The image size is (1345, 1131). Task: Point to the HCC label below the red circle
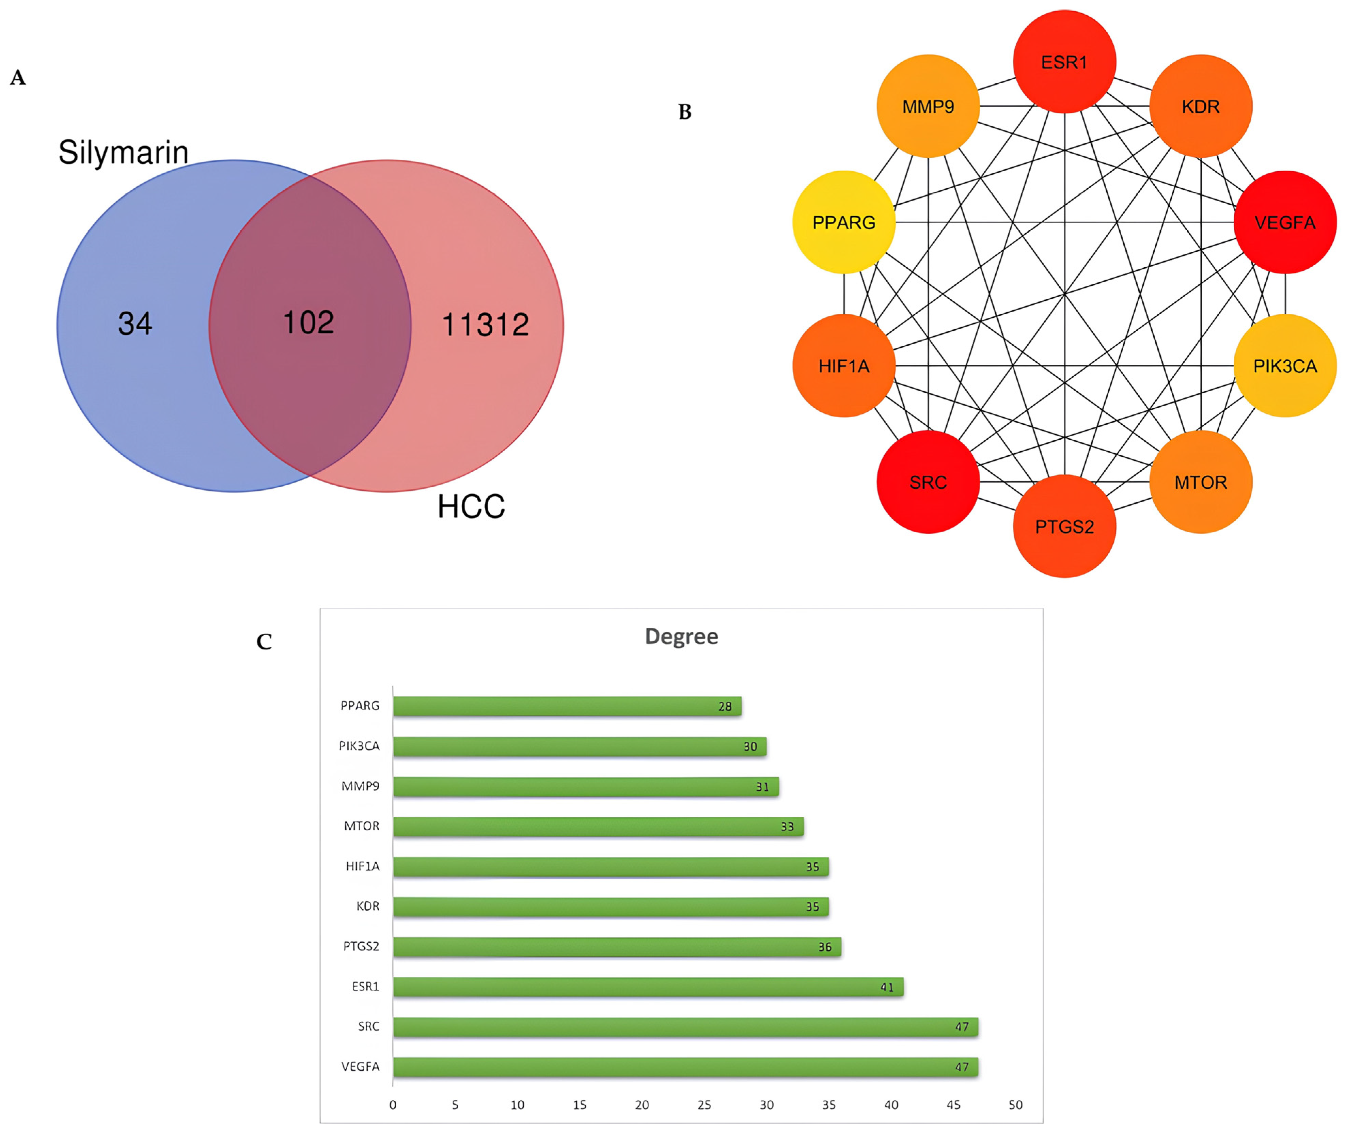[x=471, y=506]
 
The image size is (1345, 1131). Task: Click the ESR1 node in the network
[x=1064, y=62]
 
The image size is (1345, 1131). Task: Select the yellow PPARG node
[x=844, y=222]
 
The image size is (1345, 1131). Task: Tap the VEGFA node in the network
[x=1285, y=222]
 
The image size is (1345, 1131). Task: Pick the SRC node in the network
[x=928, y=482]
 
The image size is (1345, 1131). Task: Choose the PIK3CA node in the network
[x=1285, y=366]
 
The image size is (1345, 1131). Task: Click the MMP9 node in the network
[x=928, y=107]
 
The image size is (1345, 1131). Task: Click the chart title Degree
[x=681, y=637]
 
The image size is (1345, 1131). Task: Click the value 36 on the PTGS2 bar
[x=824, y=947]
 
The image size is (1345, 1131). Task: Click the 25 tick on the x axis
[x=704, y=1105]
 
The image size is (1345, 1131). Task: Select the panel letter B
[x=685, y=112]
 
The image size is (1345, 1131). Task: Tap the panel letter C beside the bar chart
[x=264, y=642]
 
